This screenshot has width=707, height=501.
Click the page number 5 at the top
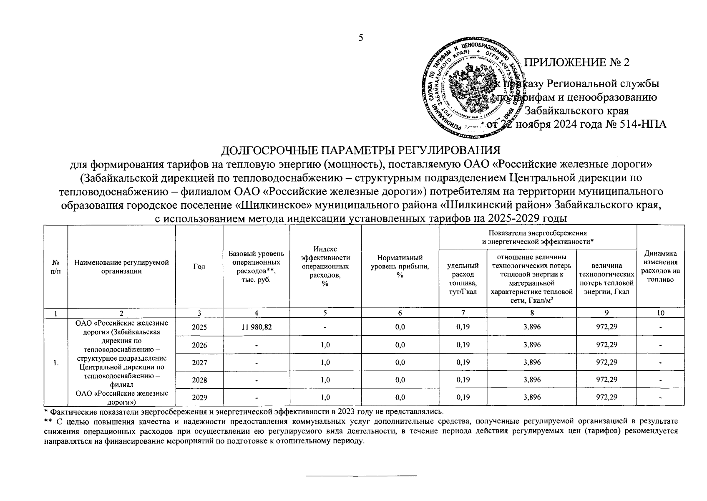tap(361, 38)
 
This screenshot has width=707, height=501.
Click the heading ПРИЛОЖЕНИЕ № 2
tap(576, 62)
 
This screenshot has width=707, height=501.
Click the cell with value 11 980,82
tap(257, 327)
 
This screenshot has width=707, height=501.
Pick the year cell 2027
tap(199, 362)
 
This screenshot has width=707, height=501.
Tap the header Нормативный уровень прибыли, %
tap(400, 266)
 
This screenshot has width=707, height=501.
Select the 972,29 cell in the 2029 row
tap(606, 397)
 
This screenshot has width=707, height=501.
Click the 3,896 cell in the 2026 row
tap(532, 345)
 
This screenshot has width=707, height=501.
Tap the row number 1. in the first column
tap(55, 362)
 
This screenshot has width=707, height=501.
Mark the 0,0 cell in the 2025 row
tap(400, 327)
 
